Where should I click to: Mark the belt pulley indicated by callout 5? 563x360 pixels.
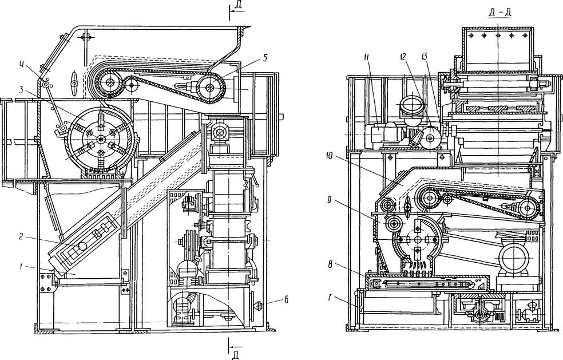coord(211,88)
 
